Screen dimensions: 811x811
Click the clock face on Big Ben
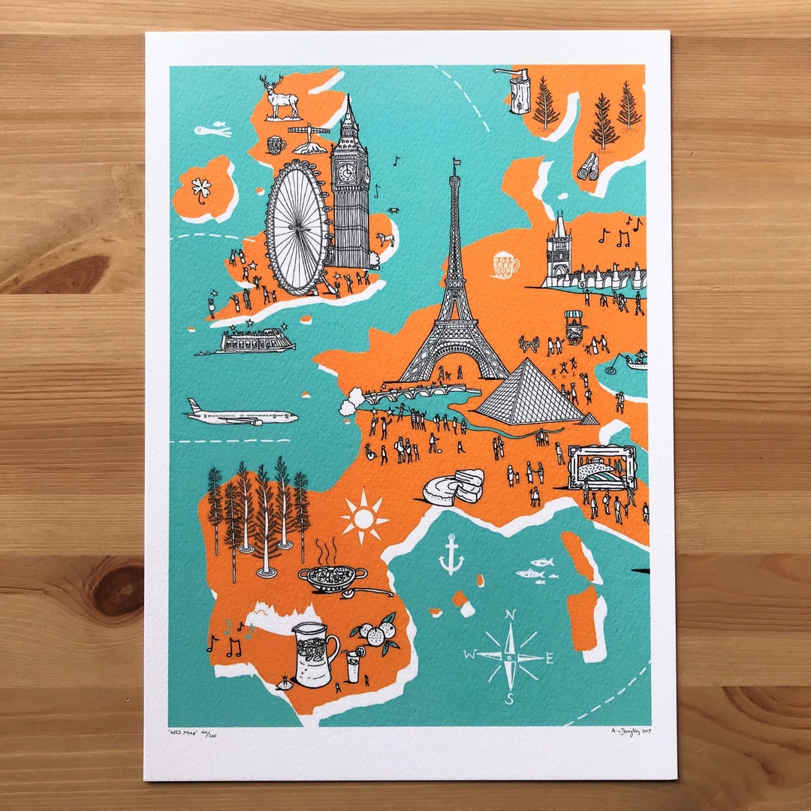coord(346,173)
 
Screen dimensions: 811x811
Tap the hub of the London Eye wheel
coord(297,228)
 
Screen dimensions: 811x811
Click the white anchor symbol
coord(451,555)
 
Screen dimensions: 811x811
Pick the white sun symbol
coord(364,518)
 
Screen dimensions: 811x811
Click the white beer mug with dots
coord(505,265)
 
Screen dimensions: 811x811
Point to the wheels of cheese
coord(455,487)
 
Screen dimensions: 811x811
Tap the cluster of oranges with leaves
coord(378,633)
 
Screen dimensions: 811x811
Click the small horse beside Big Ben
coord(387,240)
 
